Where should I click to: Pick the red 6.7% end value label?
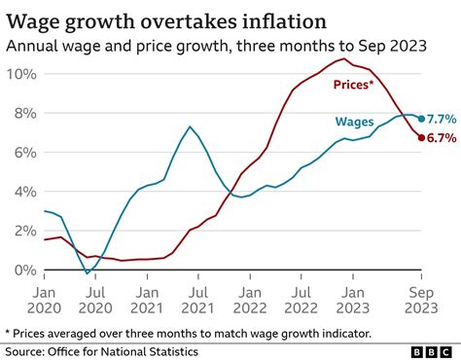pos(443,138)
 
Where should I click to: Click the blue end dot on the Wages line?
pos(421,119)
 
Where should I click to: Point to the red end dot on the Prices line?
pos(421,138)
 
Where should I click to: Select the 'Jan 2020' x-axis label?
pos(45,299)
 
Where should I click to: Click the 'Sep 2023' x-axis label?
pos(421,299)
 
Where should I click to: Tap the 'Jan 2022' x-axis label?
pos(251,299)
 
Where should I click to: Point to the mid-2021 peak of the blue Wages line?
pos(190,126)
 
